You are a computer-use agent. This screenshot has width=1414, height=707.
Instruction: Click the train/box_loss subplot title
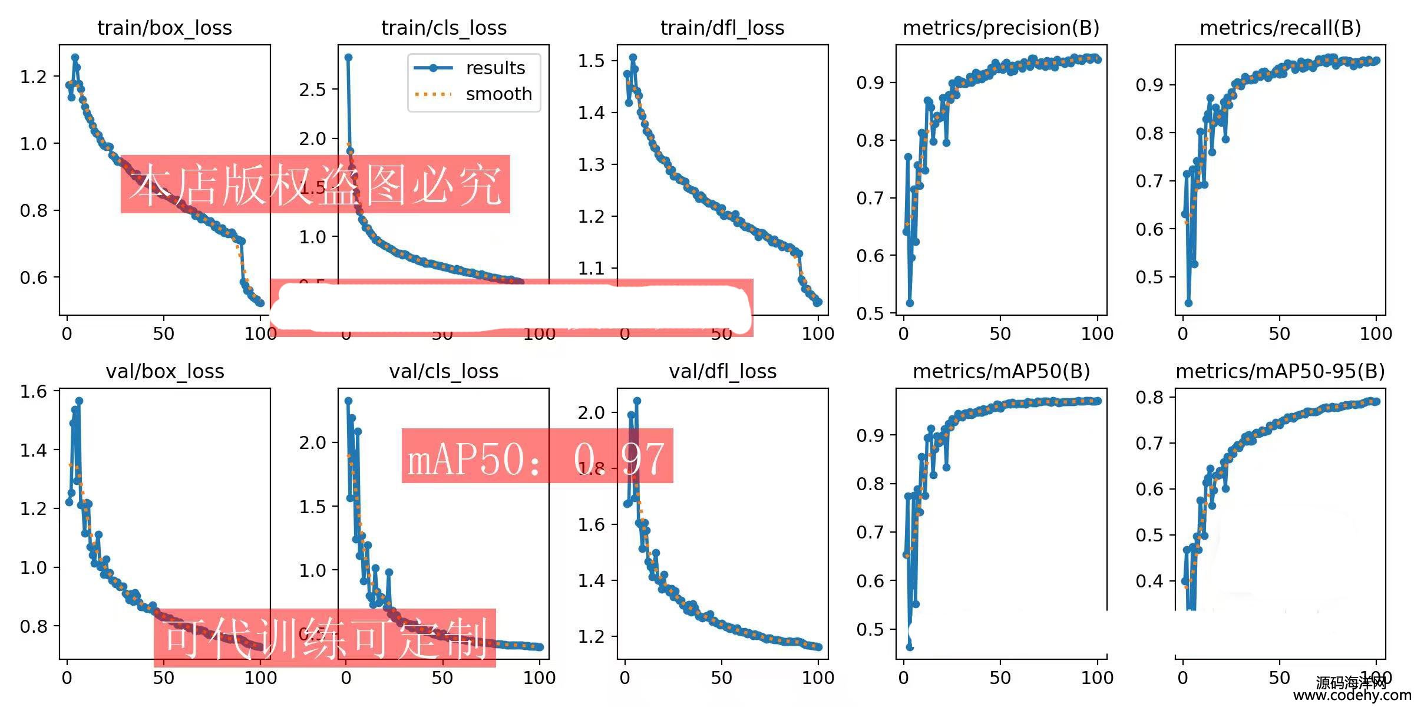[164, 28]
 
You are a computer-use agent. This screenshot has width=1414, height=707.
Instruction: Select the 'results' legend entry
[495, 68]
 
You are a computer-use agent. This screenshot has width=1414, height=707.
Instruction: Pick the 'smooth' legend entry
[498, 94]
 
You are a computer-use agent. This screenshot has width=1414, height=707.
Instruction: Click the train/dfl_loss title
[722, 28]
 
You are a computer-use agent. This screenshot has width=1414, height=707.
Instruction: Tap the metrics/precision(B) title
[1001, 28]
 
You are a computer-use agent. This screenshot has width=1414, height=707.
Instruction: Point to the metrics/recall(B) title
[1280, 28]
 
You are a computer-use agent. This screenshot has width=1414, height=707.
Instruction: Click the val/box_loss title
[164, 371]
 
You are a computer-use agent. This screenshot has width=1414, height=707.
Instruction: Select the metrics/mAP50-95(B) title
[1280, 371]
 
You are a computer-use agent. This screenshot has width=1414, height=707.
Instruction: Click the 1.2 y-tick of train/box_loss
[33, 77]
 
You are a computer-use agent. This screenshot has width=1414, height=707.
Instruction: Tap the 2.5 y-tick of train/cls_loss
[312, 90]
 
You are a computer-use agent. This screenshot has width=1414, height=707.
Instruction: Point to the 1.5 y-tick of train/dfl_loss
[591, 61]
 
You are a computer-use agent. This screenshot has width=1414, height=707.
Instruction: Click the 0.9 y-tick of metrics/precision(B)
[870, 82]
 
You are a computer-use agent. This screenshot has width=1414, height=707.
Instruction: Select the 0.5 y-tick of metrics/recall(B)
[1149, 277]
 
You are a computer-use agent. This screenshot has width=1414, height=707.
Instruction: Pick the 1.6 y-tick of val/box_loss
[33, 391]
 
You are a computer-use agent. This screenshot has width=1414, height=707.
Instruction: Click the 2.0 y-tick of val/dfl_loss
[591, 412]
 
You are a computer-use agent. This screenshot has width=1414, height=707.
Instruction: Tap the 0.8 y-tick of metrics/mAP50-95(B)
[1149, 398]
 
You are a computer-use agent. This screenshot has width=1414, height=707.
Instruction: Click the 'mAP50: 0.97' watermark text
[537, 458]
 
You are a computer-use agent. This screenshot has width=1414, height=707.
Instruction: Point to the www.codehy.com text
[1352, 696]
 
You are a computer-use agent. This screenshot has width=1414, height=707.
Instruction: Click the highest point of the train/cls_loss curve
[348, 57]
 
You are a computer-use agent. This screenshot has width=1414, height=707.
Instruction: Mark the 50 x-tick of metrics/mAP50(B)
[1000, 678]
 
